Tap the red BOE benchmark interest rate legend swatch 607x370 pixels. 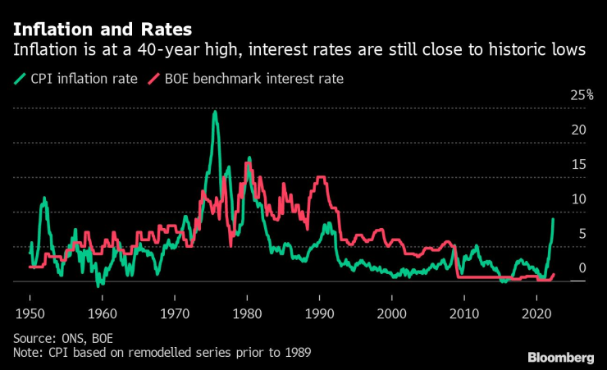click(152, 79)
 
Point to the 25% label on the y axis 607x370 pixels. click(582, 95)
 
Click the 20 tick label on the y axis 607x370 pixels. click(578, 130)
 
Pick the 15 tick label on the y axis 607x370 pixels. click(578, 164)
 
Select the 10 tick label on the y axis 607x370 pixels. click(578, 199)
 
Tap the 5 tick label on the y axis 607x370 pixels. click(582, 233)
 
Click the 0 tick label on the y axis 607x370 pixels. click(582, 267)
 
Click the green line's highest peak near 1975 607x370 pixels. click(214, 112)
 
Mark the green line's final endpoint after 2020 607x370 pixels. click(553, 218)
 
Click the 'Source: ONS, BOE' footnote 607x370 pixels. click(65, 338)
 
